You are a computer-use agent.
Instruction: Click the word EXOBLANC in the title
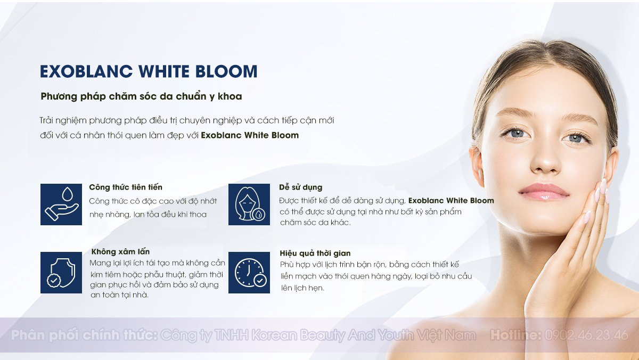tap(86, 71)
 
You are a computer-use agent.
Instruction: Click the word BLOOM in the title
tap(226, 71)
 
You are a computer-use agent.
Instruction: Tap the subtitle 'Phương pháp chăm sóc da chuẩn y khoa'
tap(141, 96)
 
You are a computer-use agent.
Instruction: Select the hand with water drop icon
tap(61, 204)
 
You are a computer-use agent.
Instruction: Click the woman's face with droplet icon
tap(249, 204)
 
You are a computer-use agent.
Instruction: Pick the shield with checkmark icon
tap(61, 273)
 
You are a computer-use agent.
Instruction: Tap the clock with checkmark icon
tap(249, 273)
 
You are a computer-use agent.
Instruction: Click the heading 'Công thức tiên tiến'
tap(126, 187)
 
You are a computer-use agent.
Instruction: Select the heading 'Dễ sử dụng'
tap(301, 187)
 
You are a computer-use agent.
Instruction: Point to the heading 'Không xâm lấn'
tap(120, 251)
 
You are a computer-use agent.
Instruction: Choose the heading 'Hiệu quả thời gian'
tap(315, 253)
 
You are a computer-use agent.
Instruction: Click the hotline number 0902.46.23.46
tap(586, 335)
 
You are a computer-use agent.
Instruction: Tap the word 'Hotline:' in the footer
tap(516, 335)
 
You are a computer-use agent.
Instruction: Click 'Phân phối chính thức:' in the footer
tap(84, 336)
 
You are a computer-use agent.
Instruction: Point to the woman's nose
tap(545, 160)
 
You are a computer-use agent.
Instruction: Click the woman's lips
tap(544, 192)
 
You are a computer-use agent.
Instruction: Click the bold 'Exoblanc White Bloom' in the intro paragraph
tap(250, 135)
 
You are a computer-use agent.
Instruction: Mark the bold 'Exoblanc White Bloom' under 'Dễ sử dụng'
tap(451, 201)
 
